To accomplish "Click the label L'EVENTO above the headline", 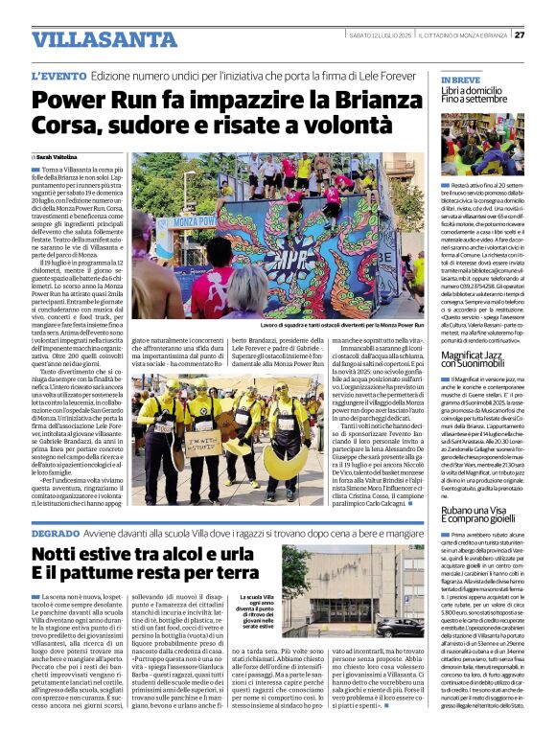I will [61, 75].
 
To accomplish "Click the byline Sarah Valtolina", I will [58, 155].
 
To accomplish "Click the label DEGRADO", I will [61, 532].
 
